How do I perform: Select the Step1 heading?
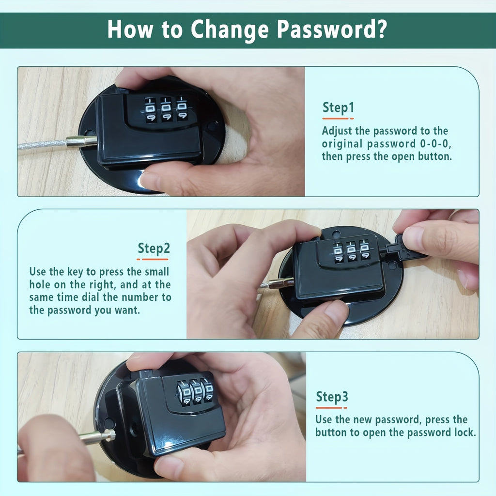click(338, 108)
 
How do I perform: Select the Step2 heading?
click(154, 248)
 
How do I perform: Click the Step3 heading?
click(332, 397)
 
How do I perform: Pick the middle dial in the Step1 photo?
click(166, 110)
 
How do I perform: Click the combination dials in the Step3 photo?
click(196, 391)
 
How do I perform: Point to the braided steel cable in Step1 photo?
click(41, 144)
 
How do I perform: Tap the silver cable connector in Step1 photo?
click(81, 141)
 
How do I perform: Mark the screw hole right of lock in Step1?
click(212, 126)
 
